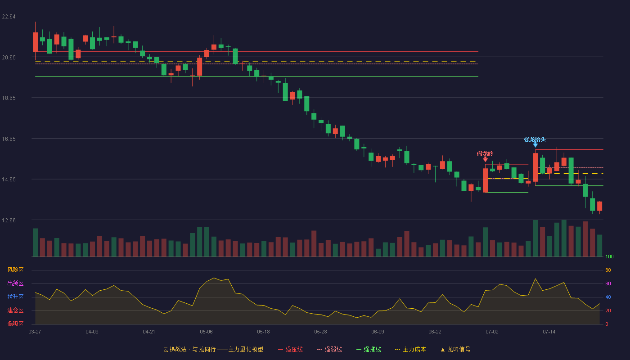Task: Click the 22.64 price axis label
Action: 9,17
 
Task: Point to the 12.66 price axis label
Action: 9,220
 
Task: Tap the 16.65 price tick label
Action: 9,139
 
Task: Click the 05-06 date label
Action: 206,332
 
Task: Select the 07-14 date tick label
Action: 549,332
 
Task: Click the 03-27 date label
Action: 35,332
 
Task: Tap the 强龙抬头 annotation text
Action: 535,139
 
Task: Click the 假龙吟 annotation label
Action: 485,154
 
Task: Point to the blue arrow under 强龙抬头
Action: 535,145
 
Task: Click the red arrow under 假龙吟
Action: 485,159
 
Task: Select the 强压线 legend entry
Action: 291,349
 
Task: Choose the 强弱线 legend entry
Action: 329,349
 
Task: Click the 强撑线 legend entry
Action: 369,349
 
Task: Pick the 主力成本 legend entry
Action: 410,349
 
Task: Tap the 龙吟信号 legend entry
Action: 455,349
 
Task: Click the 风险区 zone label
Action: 15,270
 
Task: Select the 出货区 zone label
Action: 15,283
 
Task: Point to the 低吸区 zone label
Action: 15,324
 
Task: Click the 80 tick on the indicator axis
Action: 608,270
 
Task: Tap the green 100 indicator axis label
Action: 609,256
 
